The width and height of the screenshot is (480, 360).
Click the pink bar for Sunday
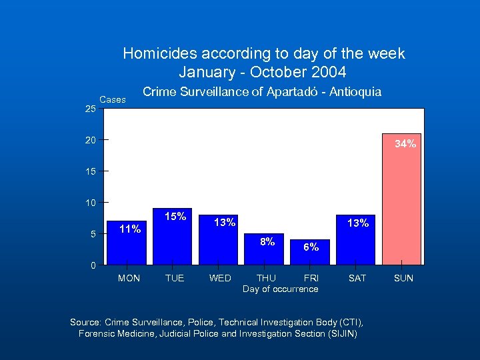401,200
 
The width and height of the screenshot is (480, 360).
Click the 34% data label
405,143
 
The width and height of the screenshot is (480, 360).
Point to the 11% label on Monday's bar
129,229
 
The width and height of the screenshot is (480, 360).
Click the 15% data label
175,217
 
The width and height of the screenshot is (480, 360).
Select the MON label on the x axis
129,278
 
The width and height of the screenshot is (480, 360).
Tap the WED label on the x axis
220,278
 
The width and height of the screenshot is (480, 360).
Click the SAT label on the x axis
357,278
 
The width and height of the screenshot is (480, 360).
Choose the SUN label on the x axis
403,278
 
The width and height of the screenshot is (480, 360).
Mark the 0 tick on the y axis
93,266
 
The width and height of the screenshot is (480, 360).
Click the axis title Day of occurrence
280,289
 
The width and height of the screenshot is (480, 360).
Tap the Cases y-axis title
112,99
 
